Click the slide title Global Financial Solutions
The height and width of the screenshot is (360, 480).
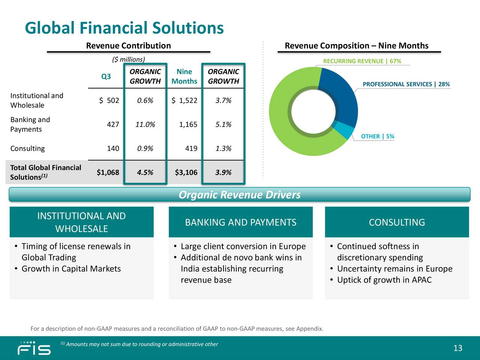[x=124, y=28]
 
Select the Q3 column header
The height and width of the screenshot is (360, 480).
[x=106, y=76]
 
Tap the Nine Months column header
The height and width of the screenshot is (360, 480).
[x=184, y=76]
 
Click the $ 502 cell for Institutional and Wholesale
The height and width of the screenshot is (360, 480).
[x=109, y=100]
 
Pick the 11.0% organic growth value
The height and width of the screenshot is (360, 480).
[x=145, y=124]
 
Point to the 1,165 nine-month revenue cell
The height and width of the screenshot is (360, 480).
[x=188, y=124]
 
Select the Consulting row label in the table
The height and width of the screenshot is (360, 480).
[x=27, y=148]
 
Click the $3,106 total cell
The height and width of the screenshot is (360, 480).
[x=186, y=172]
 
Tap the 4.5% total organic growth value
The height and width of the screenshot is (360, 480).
[x=145, y=172]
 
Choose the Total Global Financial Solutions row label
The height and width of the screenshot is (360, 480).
[x=45, y=172]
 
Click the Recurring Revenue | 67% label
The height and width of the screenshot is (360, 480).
[x=362, y=61]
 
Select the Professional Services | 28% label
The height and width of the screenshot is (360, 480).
[x=406, y=84]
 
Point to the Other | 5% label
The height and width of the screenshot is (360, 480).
[x=377, y=136]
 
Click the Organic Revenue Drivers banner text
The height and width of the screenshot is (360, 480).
[x=240, y=195]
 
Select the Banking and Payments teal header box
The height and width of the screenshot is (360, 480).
[x=240, y=222]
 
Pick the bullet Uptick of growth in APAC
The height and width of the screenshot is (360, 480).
[x=384, y=280]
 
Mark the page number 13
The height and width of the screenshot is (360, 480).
[x=457, y=348]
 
